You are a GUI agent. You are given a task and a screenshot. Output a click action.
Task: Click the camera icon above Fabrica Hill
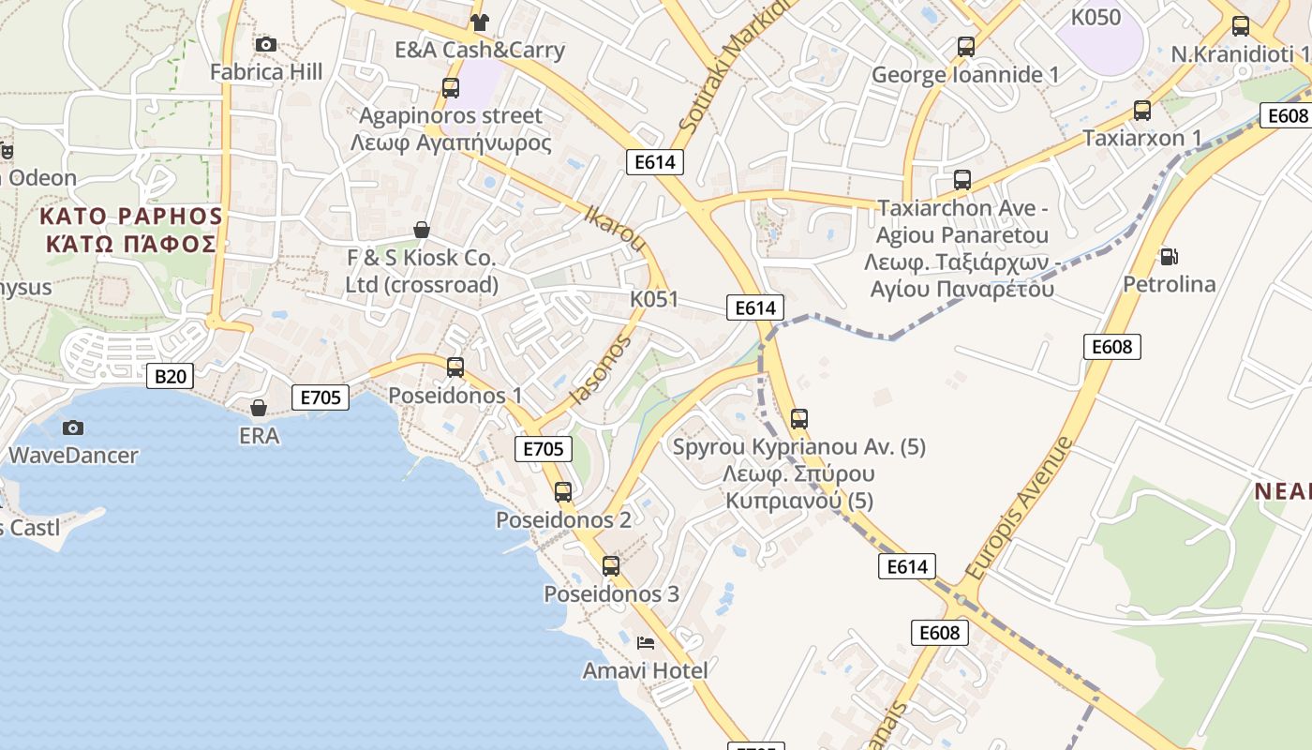point(265,44)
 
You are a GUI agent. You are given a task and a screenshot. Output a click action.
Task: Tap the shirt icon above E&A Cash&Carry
point(480,22)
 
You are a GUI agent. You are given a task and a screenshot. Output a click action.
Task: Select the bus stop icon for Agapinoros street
point(451,88)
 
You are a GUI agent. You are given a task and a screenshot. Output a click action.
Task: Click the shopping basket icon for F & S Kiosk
point(422,230)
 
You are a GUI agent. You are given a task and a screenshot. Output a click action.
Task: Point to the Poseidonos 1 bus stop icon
point(455,367)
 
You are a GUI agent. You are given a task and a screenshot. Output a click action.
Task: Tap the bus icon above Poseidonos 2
point(563,491)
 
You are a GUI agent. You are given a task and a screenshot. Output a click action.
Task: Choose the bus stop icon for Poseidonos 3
point(611,565)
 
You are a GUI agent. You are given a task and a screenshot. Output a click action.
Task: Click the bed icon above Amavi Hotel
point(645,642)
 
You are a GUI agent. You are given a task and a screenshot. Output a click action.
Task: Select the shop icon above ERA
point(259,408)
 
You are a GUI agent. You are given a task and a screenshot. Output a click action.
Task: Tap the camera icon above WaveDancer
point(73,428)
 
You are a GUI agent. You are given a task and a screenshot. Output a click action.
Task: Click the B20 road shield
point(171,377)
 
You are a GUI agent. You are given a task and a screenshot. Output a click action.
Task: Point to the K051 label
point(654,299)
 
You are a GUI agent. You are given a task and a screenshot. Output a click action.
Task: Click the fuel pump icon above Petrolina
point(1169,256)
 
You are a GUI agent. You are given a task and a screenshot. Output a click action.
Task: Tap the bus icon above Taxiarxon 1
point(1141,111)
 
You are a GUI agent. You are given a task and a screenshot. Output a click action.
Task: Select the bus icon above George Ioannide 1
point(965,46)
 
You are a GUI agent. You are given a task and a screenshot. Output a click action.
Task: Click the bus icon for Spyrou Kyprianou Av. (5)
point(799,418)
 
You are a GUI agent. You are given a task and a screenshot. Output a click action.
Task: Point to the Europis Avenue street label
point(1018,507)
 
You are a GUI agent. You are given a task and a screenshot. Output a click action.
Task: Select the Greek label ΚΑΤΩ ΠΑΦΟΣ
point(131,245)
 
